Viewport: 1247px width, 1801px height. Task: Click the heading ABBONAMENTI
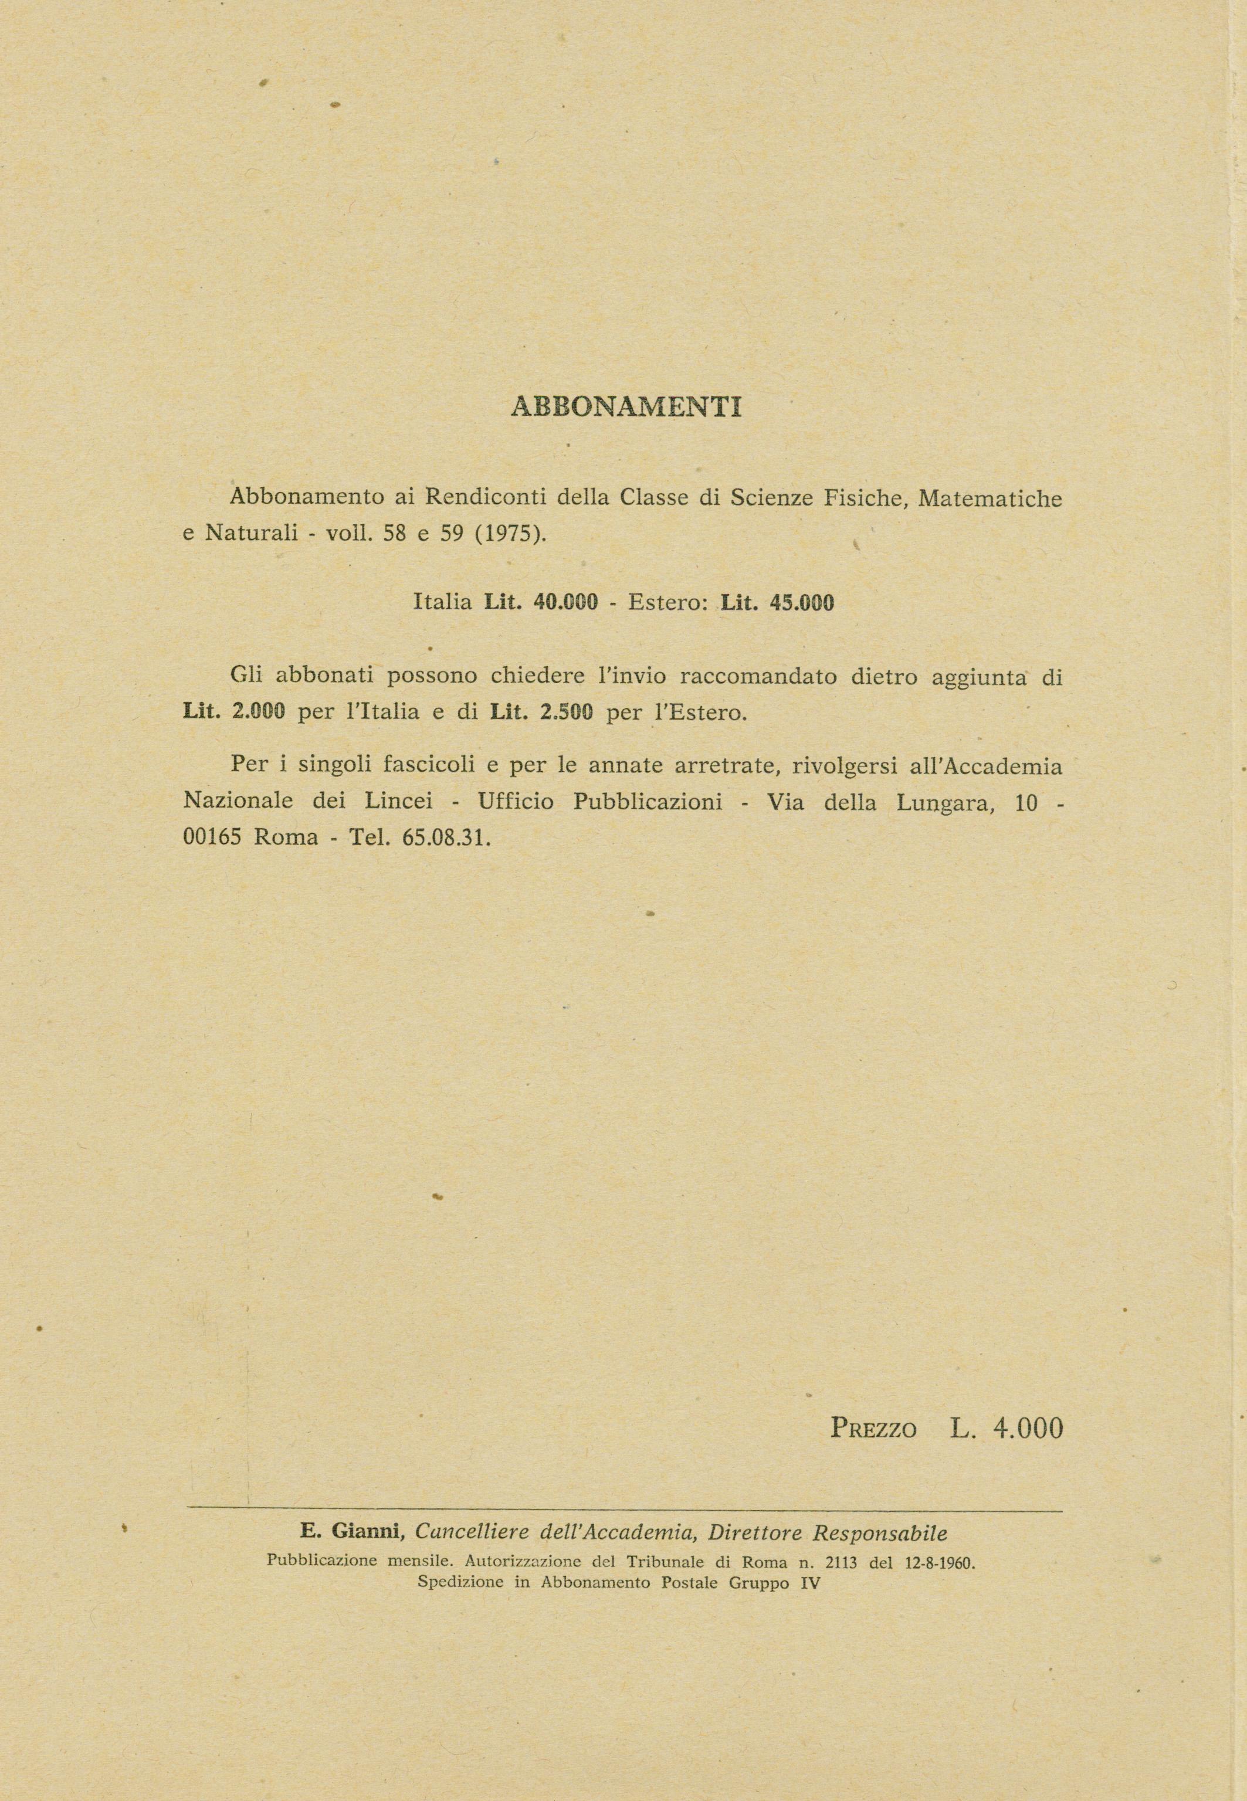(626, 408)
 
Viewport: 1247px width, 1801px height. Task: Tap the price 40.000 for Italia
(565, 602)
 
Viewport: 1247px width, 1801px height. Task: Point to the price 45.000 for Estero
(802, 602)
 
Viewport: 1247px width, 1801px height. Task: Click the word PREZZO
(873, 1429)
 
